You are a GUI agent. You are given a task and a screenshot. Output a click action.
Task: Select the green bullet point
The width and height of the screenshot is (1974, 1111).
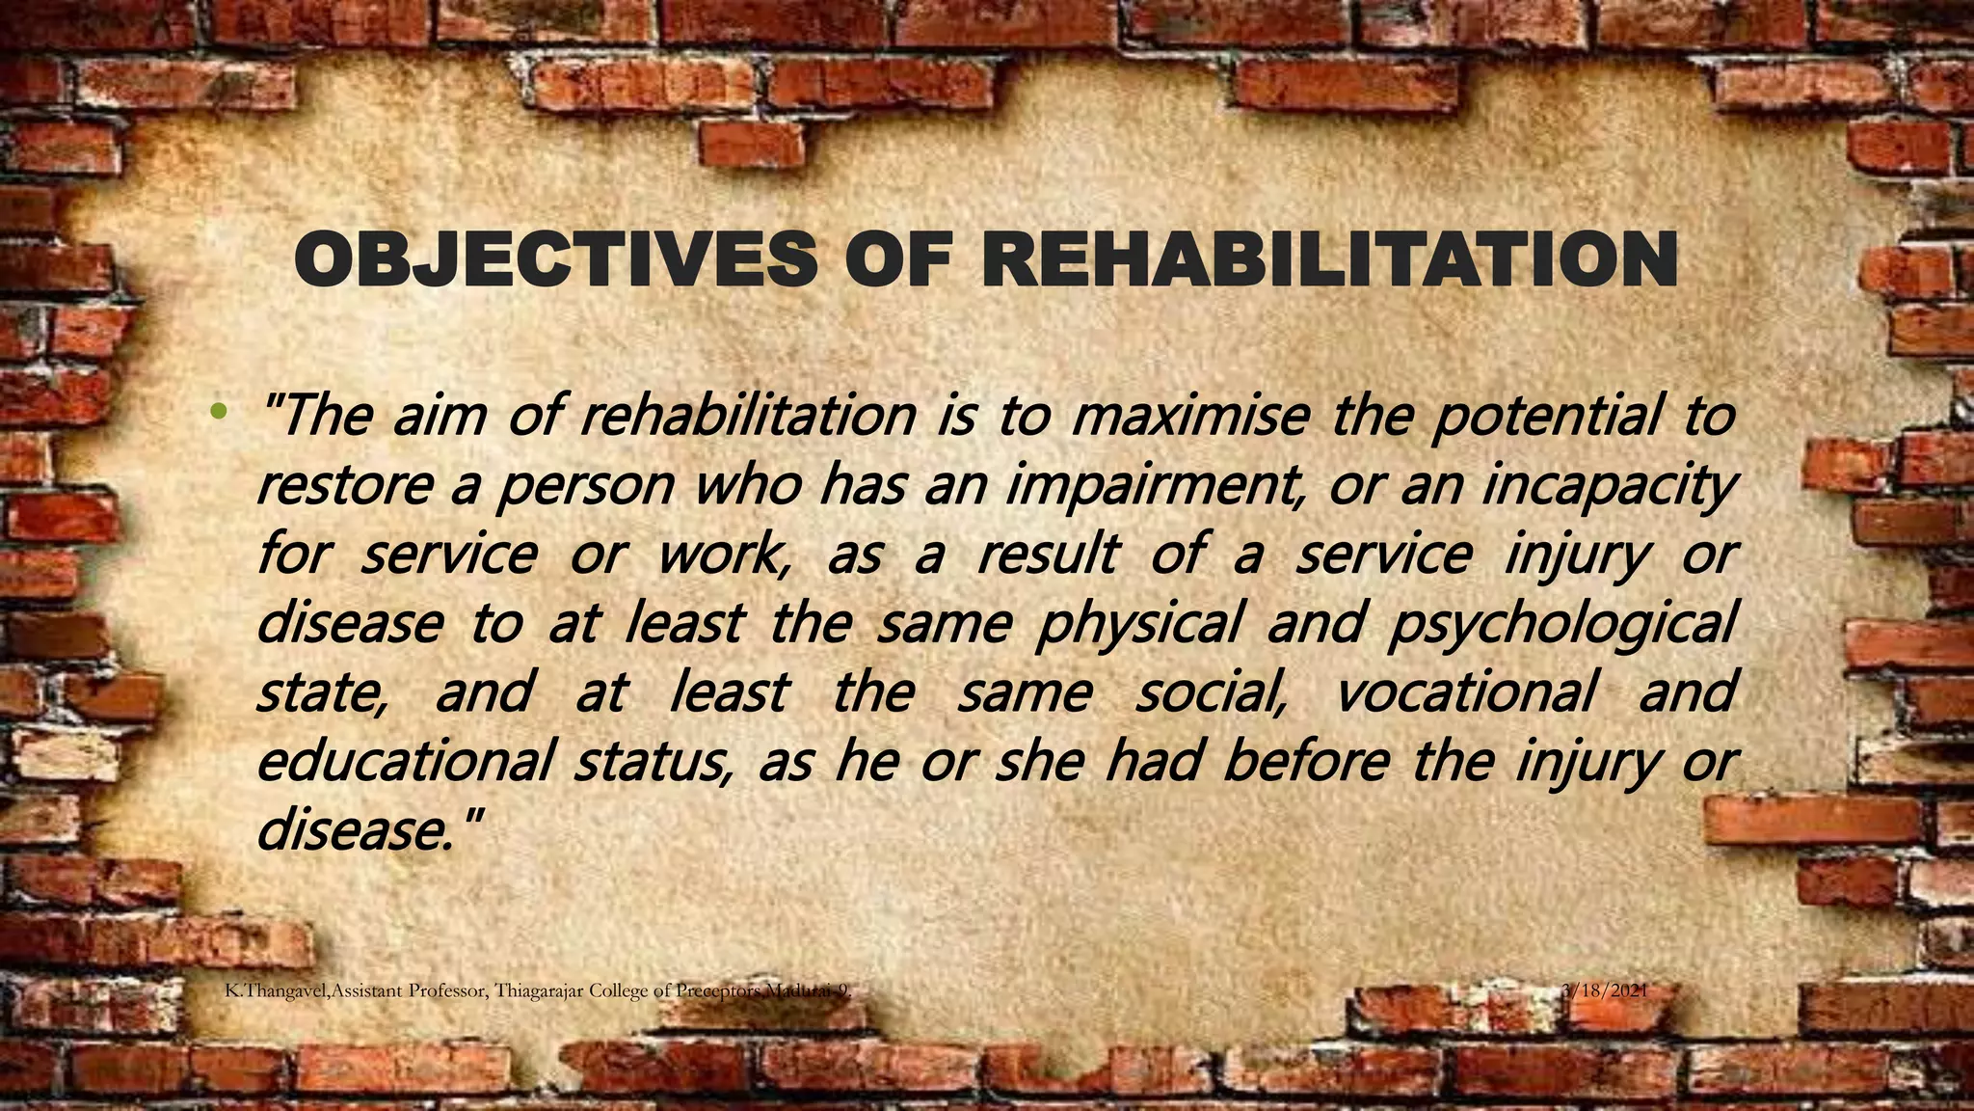[219, 412]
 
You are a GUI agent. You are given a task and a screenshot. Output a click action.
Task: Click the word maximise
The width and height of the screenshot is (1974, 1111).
[1190, 416]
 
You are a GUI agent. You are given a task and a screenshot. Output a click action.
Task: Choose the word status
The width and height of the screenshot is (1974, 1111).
[651, 761]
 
